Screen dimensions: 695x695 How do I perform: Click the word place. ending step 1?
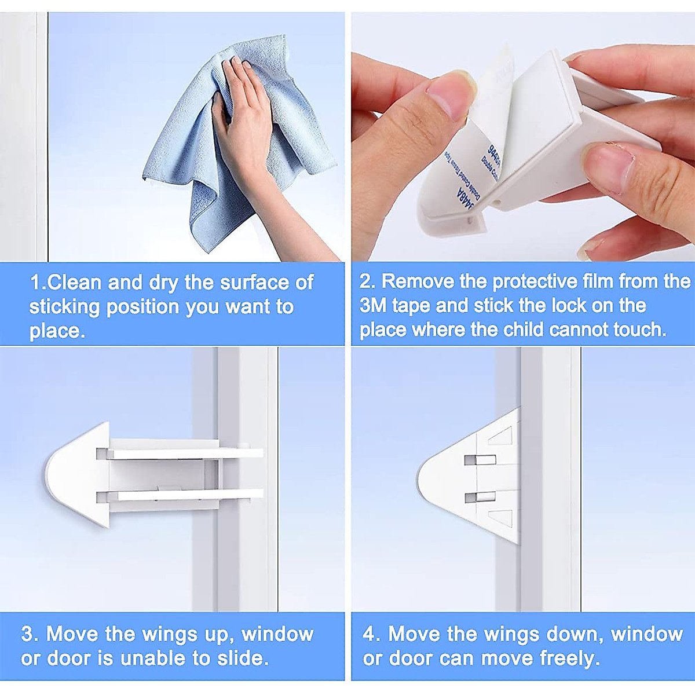[x=57, y=331]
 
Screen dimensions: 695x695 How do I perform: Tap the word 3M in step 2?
[x=374, y=306]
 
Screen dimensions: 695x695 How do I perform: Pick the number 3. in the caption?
[x=30, y=634]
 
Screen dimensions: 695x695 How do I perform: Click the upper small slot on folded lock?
[x=480, y=460]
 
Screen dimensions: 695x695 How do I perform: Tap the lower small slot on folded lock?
[x=480, y=497]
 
